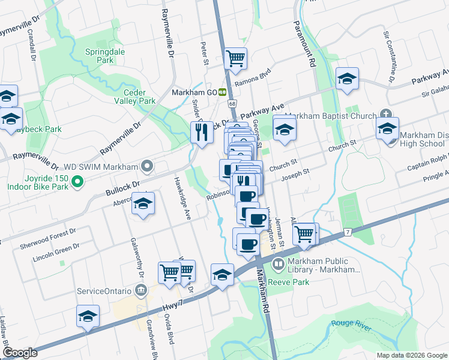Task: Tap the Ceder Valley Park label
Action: [139, 97]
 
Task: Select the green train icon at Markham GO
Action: [222, 92]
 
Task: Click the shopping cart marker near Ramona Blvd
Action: [236, 59]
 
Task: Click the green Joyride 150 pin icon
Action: [77, 181]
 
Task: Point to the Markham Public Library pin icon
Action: [278, 264]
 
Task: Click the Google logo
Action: [20, 352]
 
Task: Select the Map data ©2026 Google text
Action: [412, 355]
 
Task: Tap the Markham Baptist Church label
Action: [331, 116]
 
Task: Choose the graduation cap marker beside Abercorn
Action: [143, 205]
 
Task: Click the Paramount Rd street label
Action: [304, 43]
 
